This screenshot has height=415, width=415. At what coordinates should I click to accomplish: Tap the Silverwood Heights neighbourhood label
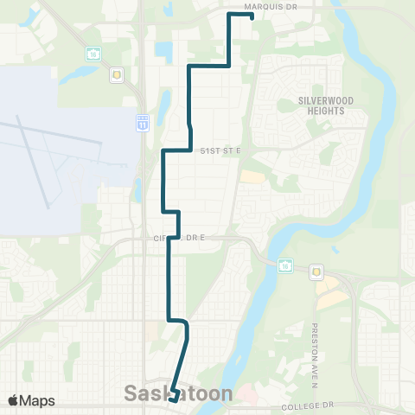coord(322,105)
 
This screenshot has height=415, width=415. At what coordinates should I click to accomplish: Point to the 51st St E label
coord(220,150)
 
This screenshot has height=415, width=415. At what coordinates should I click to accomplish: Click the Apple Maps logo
coord(31,400)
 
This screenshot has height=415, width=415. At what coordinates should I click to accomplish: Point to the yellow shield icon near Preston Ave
coord(316,271)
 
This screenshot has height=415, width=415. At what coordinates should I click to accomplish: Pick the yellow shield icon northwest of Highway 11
coord(117,74)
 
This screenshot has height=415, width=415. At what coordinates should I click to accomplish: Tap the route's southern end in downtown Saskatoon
coord(172,399)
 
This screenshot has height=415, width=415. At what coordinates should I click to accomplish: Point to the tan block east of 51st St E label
coord(252,176)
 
